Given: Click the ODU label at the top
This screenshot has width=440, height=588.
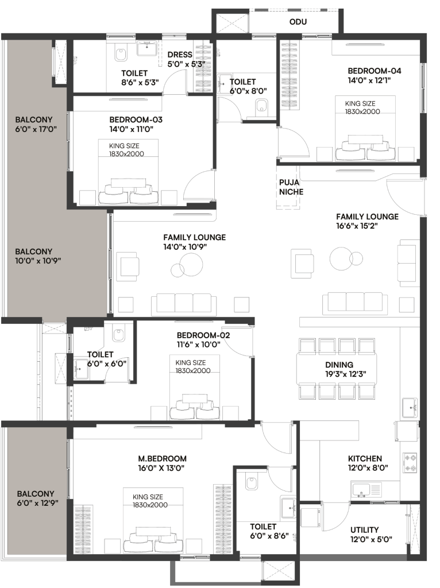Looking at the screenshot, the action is click(x=298, y=22).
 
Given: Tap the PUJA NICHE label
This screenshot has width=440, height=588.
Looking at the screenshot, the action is click(x=291, y=187).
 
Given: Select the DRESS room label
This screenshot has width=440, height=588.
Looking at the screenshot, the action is click(x=180, y=55).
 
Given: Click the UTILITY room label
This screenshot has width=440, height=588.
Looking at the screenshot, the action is click(x=364, y=530).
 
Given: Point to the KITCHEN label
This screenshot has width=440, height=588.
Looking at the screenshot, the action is click(x=365, y=459).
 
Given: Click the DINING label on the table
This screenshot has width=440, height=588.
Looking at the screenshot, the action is click(x=339, y=365).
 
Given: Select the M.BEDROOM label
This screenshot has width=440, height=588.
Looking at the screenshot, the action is click(x=163, y=459).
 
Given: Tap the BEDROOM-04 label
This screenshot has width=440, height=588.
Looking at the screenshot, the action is click(x=375, y=71).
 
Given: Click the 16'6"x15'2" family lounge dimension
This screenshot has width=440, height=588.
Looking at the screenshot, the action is click(x=357, y=226).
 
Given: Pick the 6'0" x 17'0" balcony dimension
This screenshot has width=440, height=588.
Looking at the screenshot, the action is click(x=36, y=129).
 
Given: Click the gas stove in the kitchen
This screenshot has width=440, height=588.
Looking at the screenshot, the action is click(x=410, y=463).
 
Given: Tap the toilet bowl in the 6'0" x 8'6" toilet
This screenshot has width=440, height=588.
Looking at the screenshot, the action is click(x=251, y=482).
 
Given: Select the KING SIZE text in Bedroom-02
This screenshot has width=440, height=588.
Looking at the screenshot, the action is click(x=191, y=363).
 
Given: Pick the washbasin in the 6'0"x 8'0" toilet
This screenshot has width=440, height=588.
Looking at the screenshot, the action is click(x=225, y=83).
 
